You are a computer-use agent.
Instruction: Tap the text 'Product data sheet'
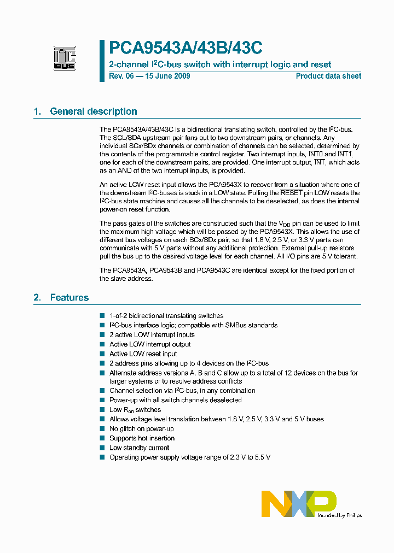pyautogui.click(x=328, y=76)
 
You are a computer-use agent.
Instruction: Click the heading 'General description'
pyautogui.click(x=94, y=111)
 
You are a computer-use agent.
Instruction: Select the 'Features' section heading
pyautogui.click(x=69, y=298)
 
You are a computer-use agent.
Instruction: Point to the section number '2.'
pyautogui.click(x=37, y=298)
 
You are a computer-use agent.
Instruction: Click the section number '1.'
pyautogui.click(x=37, y=111)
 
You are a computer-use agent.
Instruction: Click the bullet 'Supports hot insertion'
pyautogui.click(x=142, y=438)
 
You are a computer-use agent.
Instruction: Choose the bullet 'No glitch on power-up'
pyautogui.click(x=141, y=429)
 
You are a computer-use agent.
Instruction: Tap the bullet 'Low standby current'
pyautogui.click(x=139, y=448)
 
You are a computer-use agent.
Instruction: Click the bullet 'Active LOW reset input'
pyautogui.click(x=143, y=354)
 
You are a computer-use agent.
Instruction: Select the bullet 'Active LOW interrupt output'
pyautogui.click(x=150, y=344)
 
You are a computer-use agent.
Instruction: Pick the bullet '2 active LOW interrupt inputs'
pyautogui.click(x=152, y=335)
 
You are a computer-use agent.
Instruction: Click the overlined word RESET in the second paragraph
pyautogui.click(x=291, y=193)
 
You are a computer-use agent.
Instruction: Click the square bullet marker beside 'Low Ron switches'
pyautogui.click(x=102, y=410)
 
